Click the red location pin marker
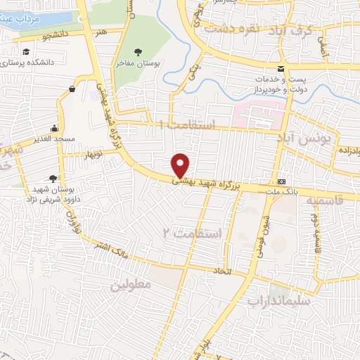[181, 165]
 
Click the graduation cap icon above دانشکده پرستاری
[26, 53]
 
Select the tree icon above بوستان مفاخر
[138, 52]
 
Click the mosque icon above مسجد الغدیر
[55, 129]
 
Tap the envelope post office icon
[281, 68]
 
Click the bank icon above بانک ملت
[281, 180]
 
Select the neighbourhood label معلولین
[131, 285]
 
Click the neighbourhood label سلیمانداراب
[278, 300]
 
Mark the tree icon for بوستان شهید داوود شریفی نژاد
[53, 178]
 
